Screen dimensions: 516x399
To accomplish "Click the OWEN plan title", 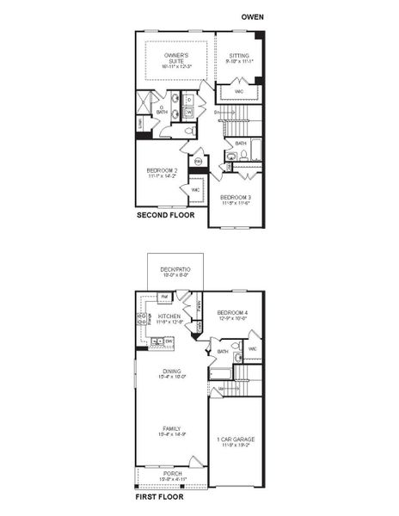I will click(252, 16).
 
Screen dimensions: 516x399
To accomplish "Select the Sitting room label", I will click(238, 58).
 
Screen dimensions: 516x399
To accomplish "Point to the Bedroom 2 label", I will click(163, 172).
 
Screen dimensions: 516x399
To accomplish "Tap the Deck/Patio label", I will click(175, 273).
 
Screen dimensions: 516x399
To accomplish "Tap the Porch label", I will click(172, 476).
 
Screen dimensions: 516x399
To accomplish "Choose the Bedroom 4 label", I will click(232, 315).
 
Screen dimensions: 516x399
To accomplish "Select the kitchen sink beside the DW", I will click(157, 341).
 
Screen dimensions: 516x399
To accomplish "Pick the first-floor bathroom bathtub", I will click(221, 373).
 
